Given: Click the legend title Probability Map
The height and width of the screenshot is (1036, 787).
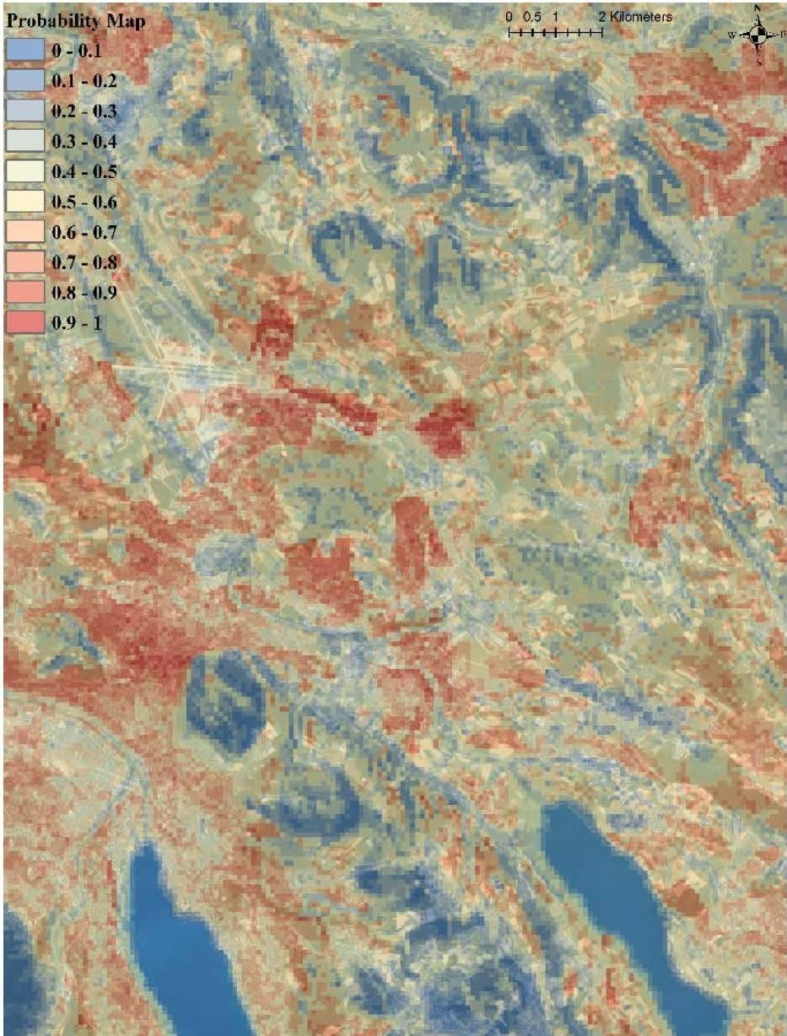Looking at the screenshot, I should [x=65, y=22].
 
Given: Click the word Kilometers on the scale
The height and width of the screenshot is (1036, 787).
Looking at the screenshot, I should [x=641, y=17].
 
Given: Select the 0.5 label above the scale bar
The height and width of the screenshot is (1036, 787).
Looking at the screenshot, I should [x=531, y=17].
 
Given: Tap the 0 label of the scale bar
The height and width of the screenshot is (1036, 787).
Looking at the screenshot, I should [x=509, y=17].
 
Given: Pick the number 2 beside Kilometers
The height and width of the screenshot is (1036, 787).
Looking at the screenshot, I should [x=602, y=17].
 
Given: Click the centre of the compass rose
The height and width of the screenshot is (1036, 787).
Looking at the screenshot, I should [x=758, y=34].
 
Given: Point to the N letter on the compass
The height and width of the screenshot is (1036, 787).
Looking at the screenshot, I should [x=758, y=8].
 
